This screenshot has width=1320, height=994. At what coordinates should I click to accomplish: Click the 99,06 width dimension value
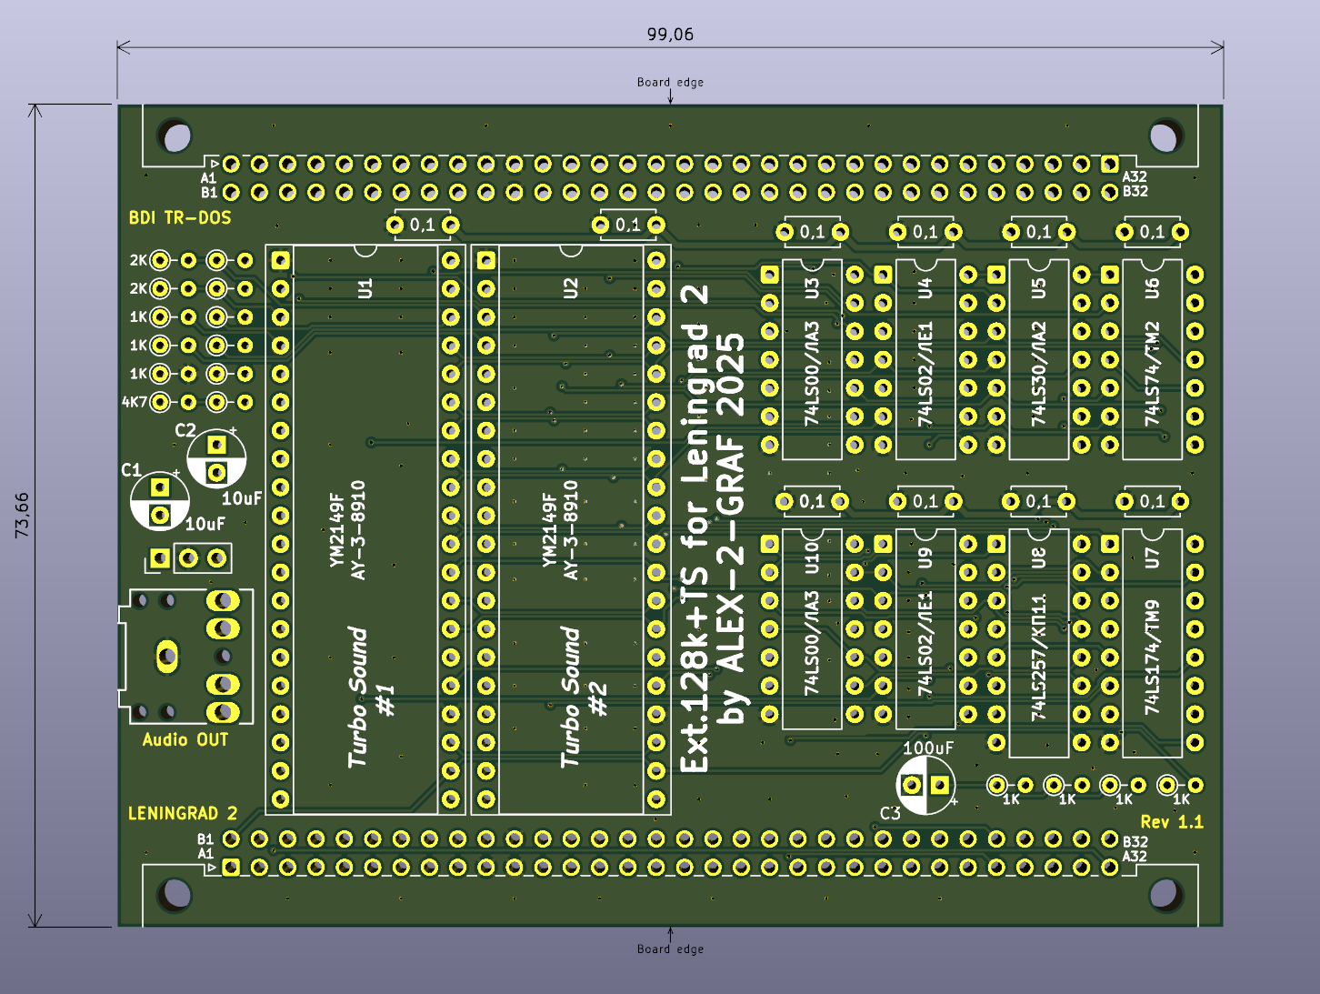pyautogui.click(x=670, y=35)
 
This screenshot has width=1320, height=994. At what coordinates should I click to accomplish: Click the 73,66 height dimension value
pyautogui.click(x=22, y=516)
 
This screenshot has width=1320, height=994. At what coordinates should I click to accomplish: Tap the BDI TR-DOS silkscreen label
pyautogui.click(x=180, y=218)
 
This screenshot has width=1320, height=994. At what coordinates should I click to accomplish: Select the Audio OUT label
pyautogui.click(x=185, y=740)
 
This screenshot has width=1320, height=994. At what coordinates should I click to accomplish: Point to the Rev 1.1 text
pyautogui.click(x=1172, y=822)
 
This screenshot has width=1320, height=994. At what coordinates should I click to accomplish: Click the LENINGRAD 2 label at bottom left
pyautogui.click(x=183, y=813)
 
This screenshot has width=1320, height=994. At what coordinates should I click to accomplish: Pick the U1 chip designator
pyautogui.click(x=365, y=289)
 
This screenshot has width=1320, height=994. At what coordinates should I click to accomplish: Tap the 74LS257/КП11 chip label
pyautogui.click(x=1039, y=658)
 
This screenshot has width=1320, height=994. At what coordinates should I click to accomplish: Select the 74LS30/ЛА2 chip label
pyautogui.click(x=1039, y=374)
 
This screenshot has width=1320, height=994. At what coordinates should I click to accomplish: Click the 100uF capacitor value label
pyautogui.click(x=928, y=748)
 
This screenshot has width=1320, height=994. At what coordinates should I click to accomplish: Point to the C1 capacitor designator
pyautogui.click(x=131, y=470)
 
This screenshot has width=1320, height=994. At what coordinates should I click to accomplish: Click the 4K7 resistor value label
pyautogui.click(x=135, y=402)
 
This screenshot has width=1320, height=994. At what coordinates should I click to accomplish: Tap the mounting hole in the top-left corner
pyautogui.click(x=175, y=136)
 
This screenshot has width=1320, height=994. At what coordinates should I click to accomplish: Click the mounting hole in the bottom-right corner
pyautogui.click(x=1164, y=893)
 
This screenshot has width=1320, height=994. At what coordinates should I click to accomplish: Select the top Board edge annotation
pyautogui.click(x=670, y=82)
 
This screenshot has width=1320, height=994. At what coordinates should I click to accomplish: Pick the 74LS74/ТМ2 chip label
pyautogui.click(x=1153, y=374)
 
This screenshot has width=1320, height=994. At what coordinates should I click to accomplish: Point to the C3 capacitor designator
pyautogui.click(x=890, y=813)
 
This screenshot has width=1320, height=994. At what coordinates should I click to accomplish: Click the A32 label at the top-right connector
pyautogui.click(x=1135, y=177)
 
